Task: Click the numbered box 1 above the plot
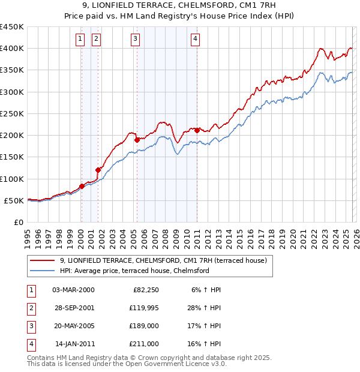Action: [80, 40]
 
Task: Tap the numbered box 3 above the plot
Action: [136, 40]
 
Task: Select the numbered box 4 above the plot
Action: [196, 40]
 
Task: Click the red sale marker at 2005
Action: [137, 140]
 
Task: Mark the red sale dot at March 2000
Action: [82, 186]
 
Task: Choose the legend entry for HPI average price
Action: [134, 271]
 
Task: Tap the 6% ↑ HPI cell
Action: [206, 289]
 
